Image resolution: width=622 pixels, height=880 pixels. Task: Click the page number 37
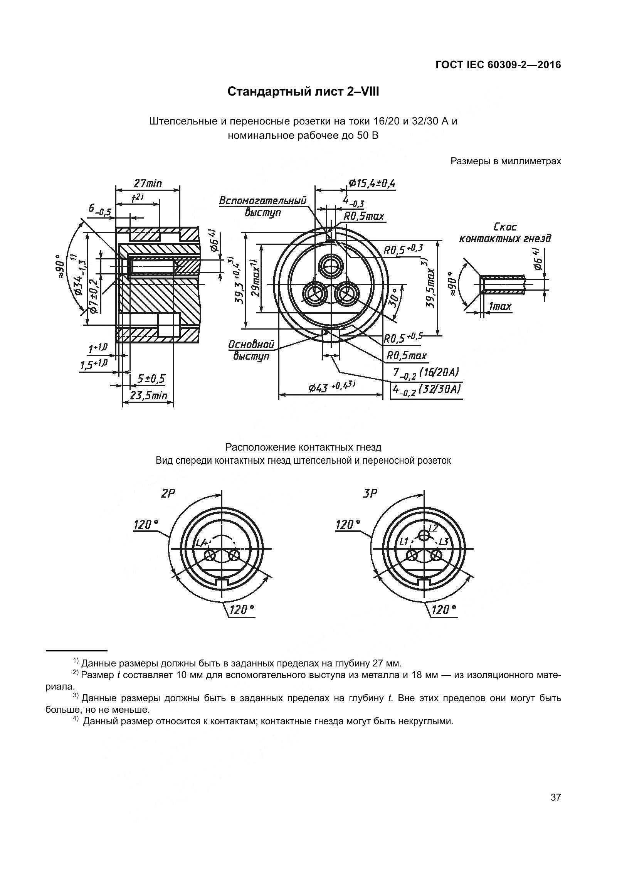555,797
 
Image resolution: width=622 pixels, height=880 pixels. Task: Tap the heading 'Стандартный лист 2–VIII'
303,92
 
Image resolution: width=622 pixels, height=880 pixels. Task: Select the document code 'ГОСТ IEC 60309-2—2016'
498,65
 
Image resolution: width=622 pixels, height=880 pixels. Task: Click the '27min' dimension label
148,183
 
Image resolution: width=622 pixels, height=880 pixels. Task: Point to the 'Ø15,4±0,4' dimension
372,183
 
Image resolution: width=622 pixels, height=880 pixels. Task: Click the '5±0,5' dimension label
151,379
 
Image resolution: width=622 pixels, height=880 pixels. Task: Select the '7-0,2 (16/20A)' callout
425,373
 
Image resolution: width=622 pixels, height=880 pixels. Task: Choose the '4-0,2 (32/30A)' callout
426,389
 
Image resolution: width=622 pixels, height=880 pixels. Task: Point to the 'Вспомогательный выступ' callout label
263,207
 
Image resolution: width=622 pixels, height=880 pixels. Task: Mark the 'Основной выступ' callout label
251,350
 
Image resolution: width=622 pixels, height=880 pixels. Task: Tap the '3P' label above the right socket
370,493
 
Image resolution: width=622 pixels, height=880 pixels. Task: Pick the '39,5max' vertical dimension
430,284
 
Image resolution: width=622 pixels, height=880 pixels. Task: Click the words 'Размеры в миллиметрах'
506,161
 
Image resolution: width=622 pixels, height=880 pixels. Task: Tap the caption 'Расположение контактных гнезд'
303,448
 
